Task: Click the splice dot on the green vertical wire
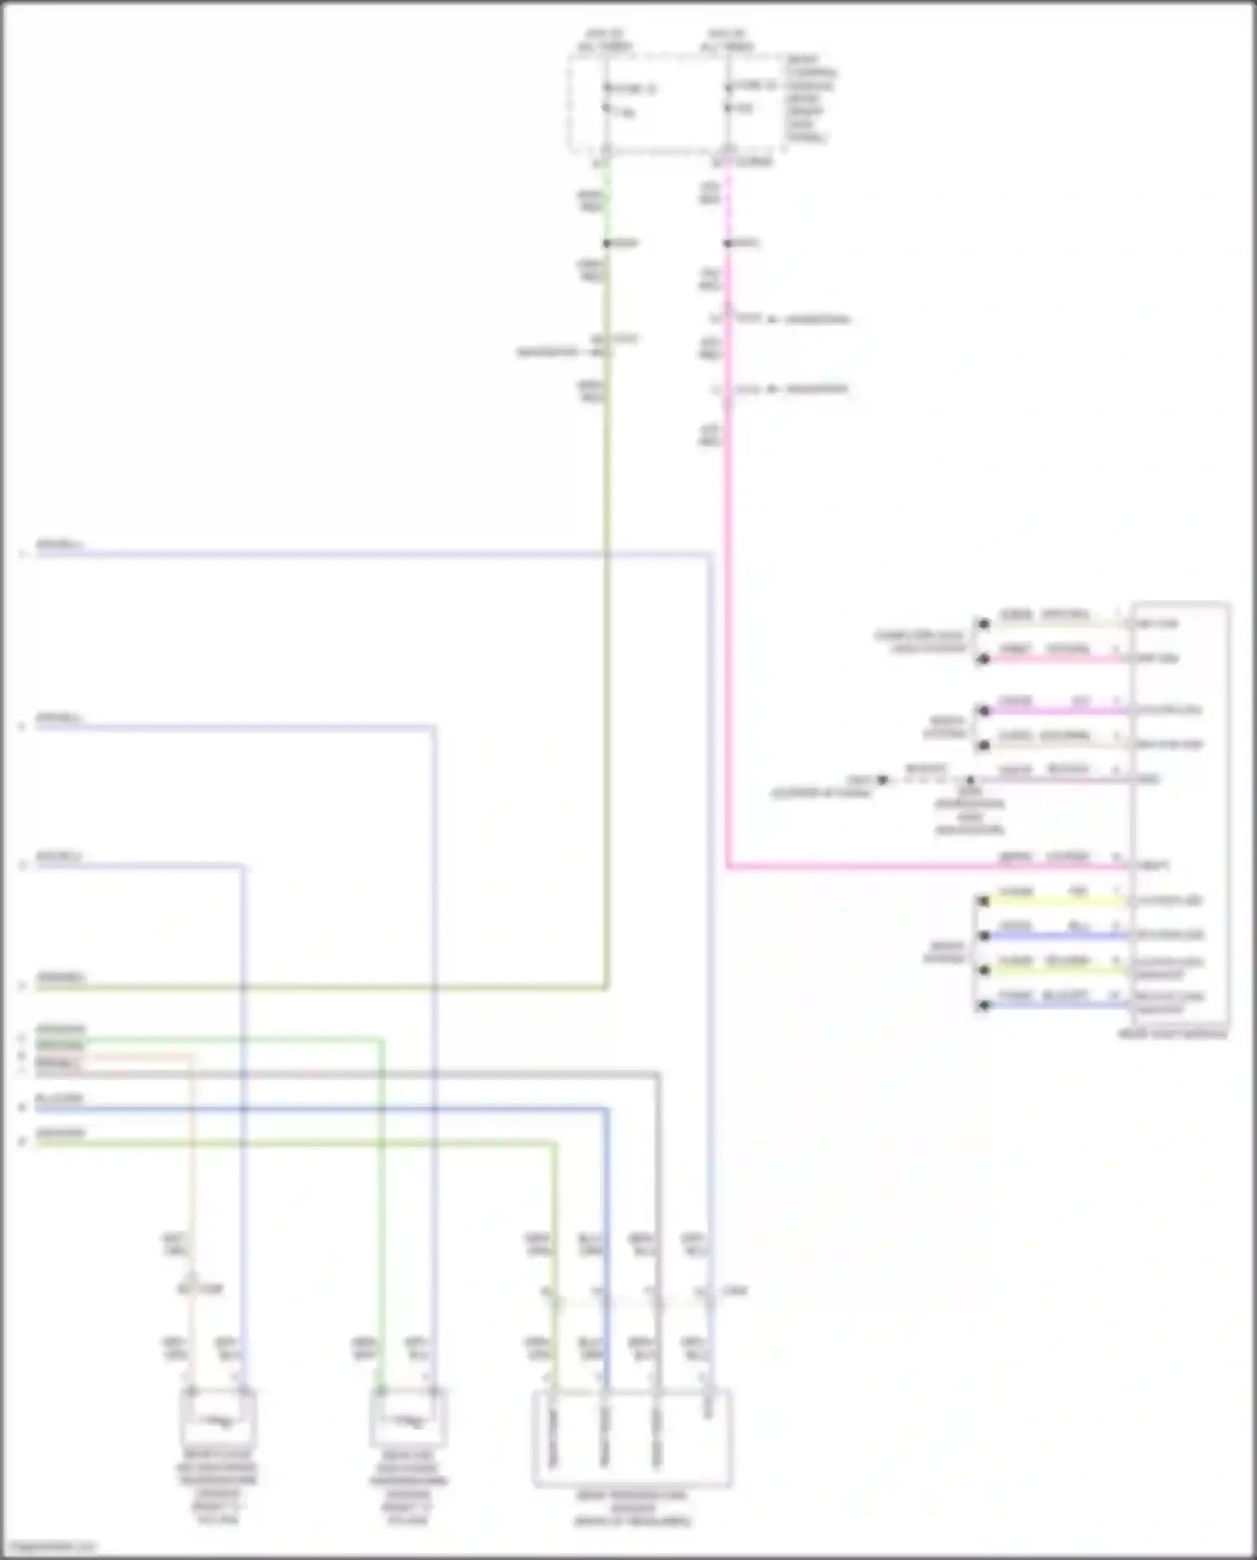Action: click(606, 243)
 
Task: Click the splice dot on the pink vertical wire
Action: click(727, 243)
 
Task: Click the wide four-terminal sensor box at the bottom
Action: click(633, 1438)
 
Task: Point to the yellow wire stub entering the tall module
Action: click(1056, 901)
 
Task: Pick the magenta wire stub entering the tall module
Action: click(1056, 711)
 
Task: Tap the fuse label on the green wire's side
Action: click(633, 88)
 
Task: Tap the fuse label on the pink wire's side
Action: click(754, 86)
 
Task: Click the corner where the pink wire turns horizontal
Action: click(728, 866)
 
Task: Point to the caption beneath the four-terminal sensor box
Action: click(633, 1509)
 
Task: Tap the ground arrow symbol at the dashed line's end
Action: click(882, 780)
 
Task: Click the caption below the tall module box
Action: click(1172, 1034)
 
